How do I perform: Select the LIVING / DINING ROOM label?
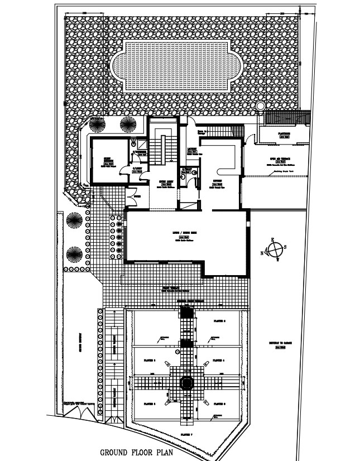pos(185,232)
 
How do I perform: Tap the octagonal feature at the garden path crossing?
pos(185,383)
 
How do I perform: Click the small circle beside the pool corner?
pos(260,105)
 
